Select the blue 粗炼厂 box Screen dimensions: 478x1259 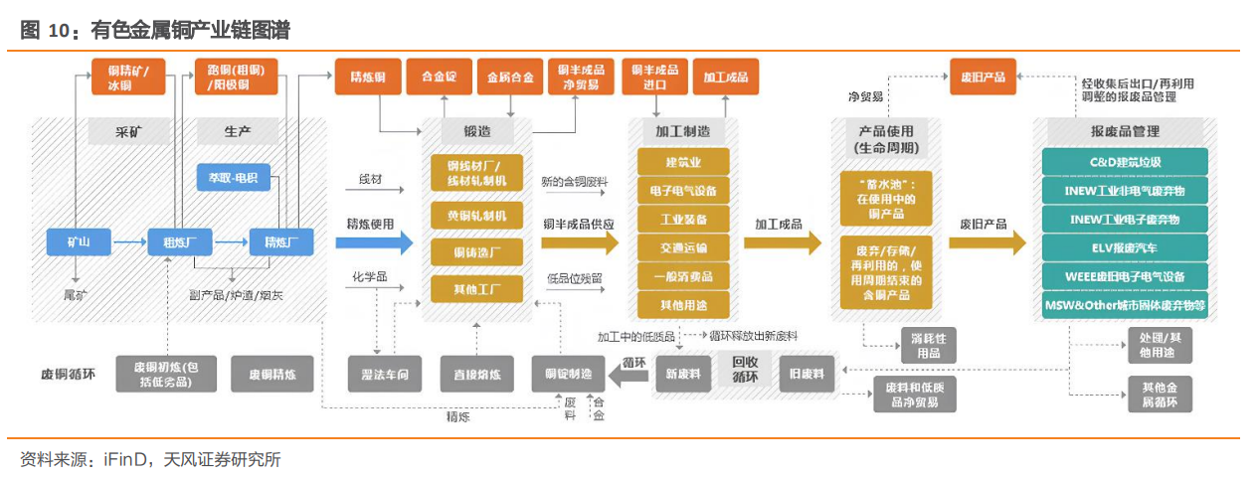174,241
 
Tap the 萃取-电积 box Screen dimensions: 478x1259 232,178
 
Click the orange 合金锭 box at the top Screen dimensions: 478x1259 440,77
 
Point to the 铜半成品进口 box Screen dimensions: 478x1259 654,77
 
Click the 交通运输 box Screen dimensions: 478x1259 683,247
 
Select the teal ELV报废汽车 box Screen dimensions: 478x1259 1125,247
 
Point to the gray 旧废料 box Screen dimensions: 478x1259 806,374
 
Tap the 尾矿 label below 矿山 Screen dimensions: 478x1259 77,295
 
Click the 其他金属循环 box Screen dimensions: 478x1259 1159,395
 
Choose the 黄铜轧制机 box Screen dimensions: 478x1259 476,216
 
